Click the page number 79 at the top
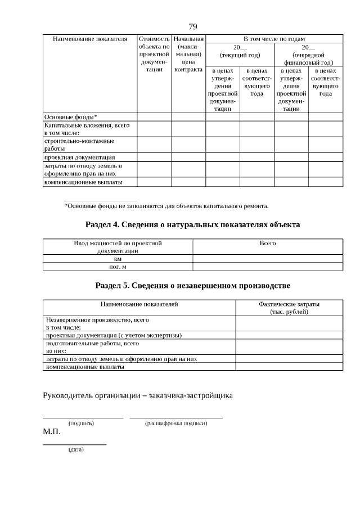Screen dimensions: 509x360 (193, 26)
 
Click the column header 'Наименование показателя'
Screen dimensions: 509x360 (90, 39)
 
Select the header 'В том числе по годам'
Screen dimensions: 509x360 (273, 39)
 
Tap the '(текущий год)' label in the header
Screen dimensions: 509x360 (240, 55)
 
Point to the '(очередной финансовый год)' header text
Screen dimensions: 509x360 (309, 59)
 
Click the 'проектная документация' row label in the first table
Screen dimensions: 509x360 (79, 157)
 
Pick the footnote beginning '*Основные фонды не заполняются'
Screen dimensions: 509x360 (166, 206)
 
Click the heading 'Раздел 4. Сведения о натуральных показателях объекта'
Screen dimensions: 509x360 (192, 225)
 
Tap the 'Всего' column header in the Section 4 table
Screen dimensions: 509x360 (268, 244)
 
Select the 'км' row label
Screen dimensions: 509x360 (118, 259)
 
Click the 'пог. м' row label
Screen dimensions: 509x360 (118, 267)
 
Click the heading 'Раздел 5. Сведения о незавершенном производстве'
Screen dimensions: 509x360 (192, 286)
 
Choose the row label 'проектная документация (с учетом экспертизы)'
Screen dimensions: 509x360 (113, 335)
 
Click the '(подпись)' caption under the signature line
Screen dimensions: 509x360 (81, 423)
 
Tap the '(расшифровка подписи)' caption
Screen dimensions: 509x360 (176, 423)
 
